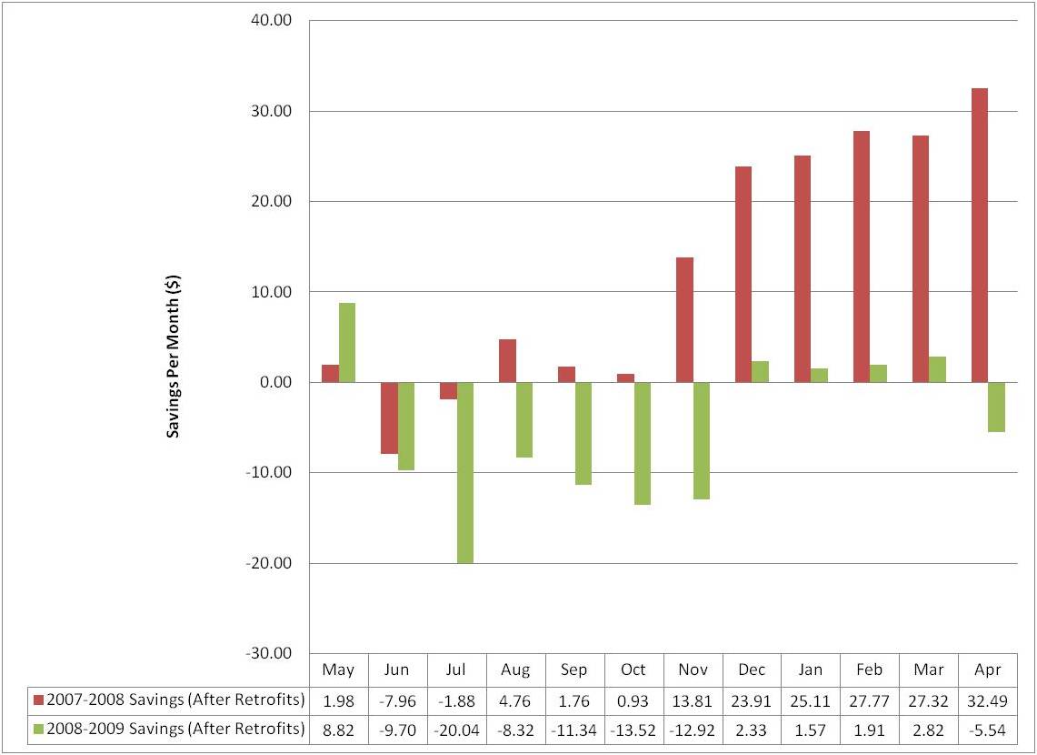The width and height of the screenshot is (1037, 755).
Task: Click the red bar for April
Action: (979, 235)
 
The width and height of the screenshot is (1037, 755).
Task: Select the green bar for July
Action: (464, 472)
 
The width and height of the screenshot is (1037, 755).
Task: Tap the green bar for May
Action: (346, 342)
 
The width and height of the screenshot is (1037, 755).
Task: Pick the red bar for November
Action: (684, 319)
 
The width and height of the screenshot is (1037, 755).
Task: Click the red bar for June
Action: (389, 418)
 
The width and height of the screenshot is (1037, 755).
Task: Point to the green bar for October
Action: (643, 443)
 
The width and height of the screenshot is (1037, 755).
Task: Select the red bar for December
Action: (743, 274)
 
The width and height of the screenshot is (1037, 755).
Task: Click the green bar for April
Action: (996, 407)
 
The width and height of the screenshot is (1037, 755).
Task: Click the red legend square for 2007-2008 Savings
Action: (38, 700)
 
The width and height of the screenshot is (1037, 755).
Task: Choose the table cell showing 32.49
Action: (987, 700)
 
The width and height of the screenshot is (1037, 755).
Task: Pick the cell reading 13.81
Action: (693, 700)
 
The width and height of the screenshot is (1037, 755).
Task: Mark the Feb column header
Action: (870, 669)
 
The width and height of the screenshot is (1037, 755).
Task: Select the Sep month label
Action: (574, 669)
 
